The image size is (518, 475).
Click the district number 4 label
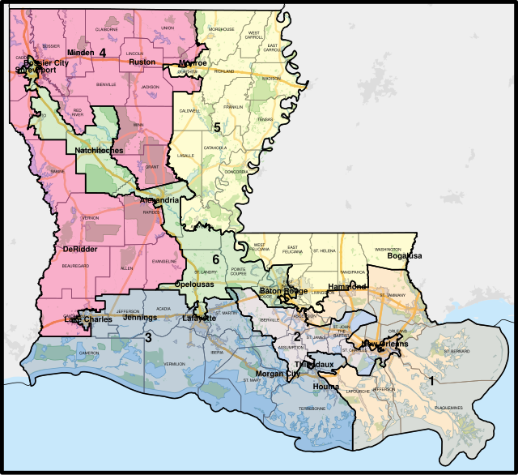coord(103,53)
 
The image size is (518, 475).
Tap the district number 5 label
coord(217,126)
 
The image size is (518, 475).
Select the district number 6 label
coord(215,259)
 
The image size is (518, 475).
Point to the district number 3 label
coord(147,337)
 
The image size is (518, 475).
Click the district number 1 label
coord(431,380)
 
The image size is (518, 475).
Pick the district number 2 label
coord(297,336)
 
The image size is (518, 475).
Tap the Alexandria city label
coord(159,200)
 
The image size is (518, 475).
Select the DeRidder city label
coord(79,249)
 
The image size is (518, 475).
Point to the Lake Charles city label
coord(87,319)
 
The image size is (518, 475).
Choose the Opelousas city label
coord(199,287)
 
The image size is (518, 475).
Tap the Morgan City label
coord(271,373)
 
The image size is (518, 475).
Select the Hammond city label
coord(347,287)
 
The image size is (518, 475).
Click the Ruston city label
coord(142,61)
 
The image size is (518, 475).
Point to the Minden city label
coord(80,53)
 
